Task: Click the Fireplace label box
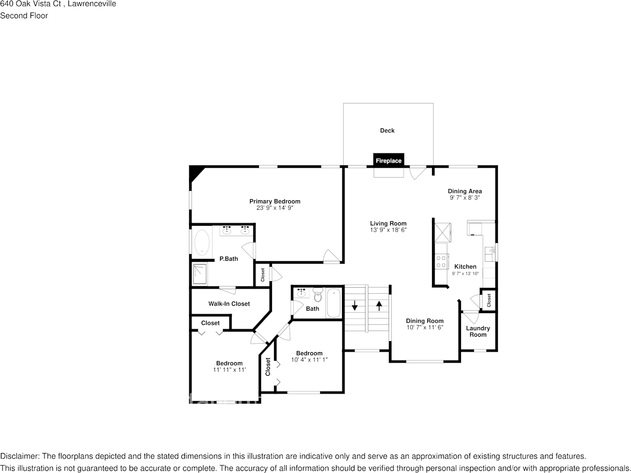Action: tap(388, 160)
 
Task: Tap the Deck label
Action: tap(387, 130)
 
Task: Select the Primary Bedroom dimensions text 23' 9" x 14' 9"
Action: tap(274, 208)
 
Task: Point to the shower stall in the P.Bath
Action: tap(199, 274)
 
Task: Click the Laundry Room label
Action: tap(477, 331)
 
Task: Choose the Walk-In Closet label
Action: tap(229, 304)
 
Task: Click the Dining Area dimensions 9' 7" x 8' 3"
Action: tap(464, 198)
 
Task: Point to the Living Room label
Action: tap(388, 223)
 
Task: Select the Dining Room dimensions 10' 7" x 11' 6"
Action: tap(424, 328)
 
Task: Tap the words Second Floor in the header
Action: tap(24, 15)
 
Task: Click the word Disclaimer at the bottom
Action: tap(19, 456)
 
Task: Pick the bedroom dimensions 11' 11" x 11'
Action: tap(229, 370)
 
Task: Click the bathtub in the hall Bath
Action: tap(334, 303)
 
